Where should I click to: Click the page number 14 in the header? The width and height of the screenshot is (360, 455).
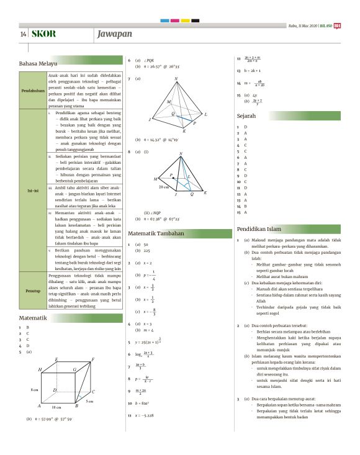23,33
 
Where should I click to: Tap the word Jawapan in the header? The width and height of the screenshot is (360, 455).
115,33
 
